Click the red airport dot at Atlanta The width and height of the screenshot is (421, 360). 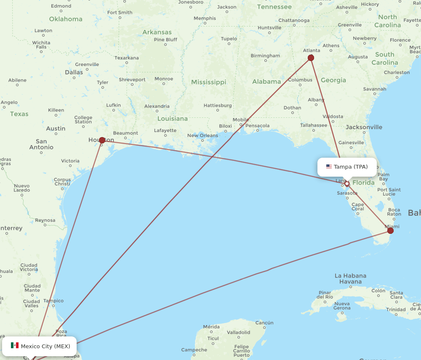pos(311,58)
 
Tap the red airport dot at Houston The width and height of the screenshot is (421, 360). pos(102,140)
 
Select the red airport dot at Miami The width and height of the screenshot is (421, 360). pos(390,230)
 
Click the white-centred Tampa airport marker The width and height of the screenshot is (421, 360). pos(347,184)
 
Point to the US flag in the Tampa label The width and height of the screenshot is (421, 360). pos(329,167)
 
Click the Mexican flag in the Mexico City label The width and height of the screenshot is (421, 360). pos(15,346)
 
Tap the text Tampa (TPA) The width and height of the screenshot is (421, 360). pos(351,167)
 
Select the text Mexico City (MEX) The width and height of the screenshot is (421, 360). pos(45,346)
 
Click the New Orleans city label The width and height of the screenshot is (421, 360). pos(203,135)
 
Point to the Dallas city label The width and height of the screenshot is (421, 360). pos(74,72)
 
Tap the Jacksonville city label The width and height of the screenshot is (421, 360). pos(364,127)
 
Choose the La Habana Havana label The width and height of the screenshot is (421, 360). pos(350,279)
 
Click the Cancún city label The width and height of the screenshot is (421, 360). pos(264,323)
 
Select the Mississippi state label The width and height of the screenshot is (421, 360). pos(208,82)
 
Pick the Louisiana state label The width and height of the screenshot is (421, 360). pos(173,119)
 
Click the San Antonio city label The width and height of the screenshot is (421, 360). pos(41,144)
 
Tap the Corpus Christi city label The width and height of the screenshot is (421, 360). pos(62,182)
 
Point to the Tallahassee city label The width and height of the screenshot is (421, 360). pos(314,125)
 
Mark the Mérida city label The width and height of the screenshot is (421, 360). pos(211,327)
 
